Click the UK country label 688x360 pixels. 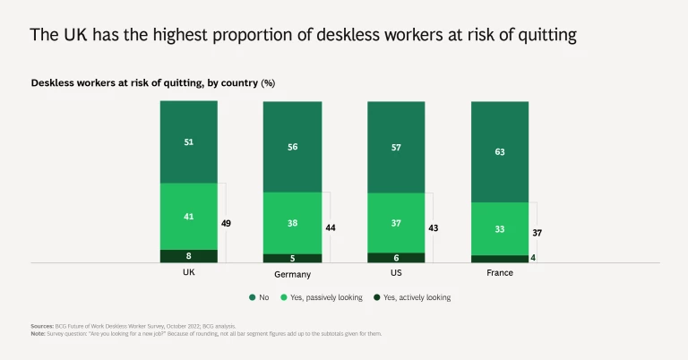click(188, 271)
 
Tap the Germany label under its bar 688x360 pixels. click(292, 273)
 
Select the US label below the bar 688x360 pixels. click(395, 271)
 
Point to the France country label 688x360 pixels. click(500, 272)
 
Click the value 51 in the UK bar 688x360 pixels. click(189, 141)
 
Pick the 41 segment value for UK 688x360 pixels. click(189, 216)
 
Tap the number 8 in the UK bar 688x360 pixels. click(189, 256)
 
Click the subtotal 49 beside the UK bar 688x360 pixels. click(227, 222)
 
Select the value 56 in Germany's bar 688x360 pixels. click(292, 148)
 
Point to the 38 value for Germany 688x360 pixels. click(292, 222)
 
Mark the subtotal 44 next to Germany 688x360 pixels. click(331, 227)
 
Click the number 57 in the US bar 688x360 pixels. click(396, 147)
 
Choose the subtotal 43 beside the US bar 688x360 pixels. click(434, 228)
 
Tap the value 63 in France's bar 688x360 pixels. click(500, 151)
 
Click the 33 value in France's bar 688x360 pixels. click(500, 228)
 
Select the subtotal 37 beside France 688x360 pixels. click(537, 233)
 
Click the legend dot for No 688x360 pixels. click(253, 297)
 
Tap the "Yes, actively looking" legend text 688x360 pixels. click(417, 297)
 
